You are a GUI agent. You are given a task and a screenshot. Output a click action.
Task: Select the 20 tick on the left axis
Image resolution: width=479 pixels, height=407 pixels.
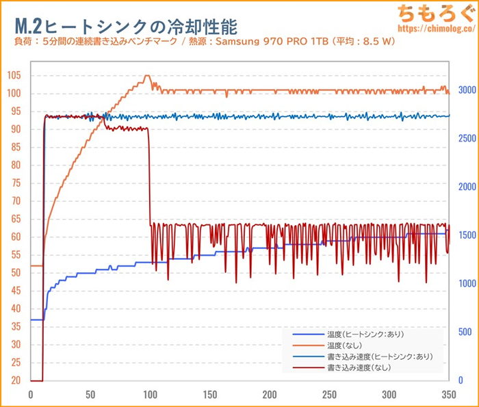point(14,380)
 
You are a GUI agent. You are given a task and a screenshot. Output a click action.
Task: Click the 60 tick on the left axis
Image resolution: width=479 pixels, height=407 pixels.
point(14,237)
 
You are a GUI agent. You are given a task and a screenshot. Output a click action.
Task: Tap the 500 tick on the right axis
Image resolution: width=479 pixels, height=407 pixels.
point(465,332)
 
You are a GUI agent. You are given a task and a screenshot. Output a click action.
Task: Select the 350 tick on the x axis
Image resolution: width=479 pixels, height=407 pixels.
point(449,395)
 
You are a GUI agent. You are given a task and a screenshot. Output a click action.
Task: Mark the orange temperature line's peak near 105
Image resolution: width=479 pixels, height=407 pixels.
point(146,76)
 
